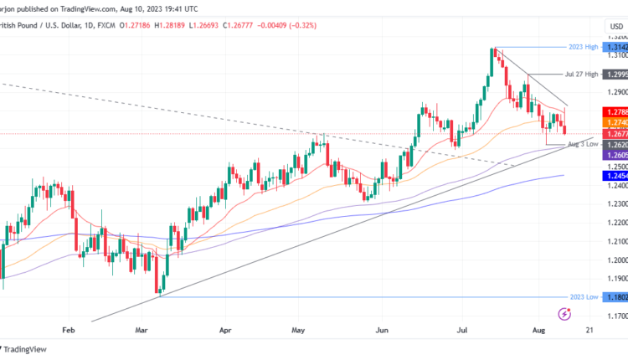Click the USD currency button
coord(616,26)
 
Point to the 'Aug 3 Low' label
coord(583,144)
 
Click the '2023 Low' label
coord(582,296)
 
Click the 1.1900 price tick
coord(617,279)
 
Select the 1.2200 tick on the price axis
coord(617,223)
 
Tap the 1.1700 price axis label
coord(617,316)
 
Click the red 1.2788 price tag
coord(617,111)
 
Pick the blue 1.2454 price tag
coord(617,176)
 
